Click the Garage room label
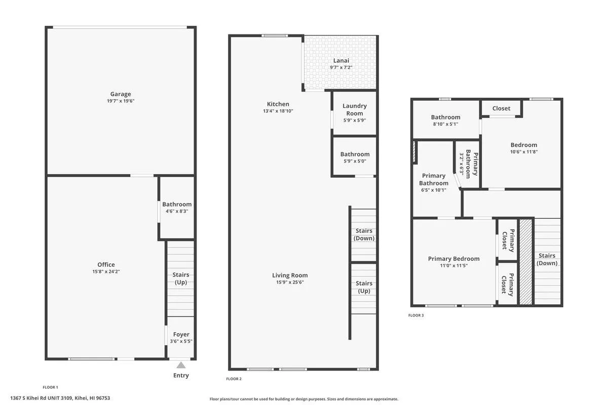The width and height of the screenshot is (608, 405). pyautogui.click(x=121, y=94)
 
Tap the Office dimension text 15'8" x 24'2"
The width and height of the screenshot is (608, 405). pyautogui.click(x=106, y=272)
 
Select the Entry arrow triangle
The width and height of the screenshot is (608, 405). pyautogui.click(x=181, y=365)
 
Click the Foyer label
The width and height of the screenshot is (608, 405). pyautogui.click(x=181, y=334)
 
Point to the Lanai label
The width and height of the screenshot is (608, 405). pyautogui.click(x=340, y=61)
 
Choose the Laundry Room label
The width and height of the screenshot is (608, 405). pyautogui.click(x=354, y=109)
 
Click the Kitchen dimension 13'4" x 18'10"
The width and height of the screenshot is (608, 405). pyautogui.click(x=278, y=111)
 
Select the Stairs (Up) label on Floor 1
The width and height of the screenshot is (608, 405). pyautogui.click(x=181, y=278)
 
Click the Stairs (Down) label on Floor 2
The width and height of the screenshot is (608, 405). pyautogui.click(x=364, y=234)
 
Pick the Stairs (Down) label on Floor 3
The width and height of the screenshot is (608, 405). pyautogui.click(x=547, y=259)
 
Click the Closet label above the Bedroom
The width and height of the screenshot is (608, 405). pyautogui.click(x=501, y=108)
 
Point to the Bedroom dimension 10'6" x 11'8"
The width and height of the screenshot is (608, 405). pyautogui.click(x=523, y=152)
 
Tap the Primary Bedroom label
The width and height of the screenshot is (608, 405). pyautogui.click(x=453, y=259)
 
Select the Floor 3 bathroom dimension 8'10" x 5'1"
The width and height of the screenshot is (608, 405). pyautogui.click(x=445, y=124)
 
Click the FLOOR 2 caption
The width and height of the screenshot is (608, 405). pyautogui.click(x=234, y=379)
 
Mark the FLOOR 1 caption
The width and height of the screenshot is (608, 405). pyautogui.click(x=50, y=387)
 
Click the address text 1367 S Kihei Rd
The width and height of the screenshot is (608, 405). pyautogui.click(x=60, y=398)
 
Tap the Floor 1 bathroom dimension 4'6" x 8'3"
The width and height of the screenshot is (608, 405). pyautogui.click(x=177, y=211)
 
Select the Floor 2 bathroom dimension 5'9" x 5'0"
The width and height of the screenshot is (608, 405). pyautogui.click(x=355, y=161)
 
